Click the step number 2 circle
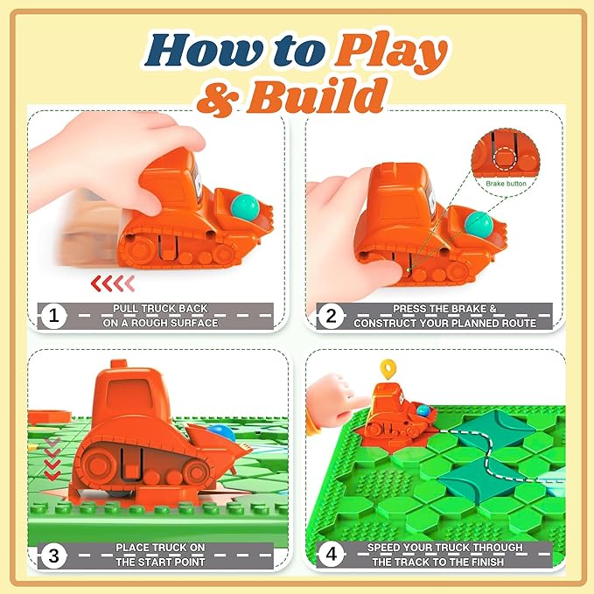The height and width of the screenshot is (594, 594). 330,316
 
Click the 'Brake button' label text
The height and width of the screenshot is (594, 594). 506,185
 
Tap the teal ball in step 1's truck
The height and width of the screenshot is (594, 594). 244,206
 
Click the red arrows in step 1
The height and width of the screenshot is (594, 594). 114,283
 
